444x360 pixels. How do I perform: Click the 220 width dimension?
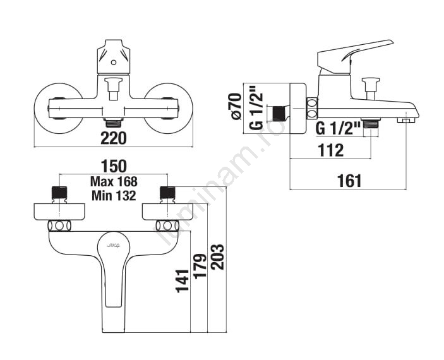pyautogui.click(x=113, y=138)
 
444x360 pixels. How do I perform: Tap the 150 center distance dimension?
pyautogui.click(x=114, y=167)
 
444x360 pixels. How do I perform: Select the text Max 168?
pyautogui.click(x=114, y=181)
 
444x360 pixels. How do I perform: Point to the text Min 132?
pyautogui.click(x=114, y=195)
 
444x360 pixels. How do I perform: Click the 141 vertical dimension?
pyautogui.click(x=182, y=281)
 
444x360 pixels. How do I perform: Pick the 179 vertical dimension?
pyautogui.click(x=200, y=266)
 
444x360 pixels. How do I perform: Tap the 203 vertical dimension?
pyautogui.click(x=217, y=257)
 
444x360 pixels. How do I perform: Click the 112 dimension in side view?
pyautogui.click(x=331, y=150)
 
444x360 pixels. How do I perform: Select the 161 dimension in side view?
pyautogui.click(x=350, y=181)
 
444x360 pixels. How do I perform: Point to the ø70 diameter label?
pyautogui.click(x=236, y=107)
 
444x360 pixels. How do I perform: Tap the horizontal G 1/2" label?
pyautogui.click(x=338, y=128)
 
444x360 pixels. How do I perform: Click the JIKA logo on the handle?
pyautogui.click(x=113, y=246)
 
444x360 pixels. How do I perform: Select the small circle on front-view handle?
pyautogui.click(x=114, y=63)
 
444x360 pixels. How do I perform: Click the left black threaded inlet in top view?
pyautogui.click(x=59, y=193)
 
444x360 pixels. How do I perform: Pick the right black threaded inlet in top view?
pyautogui.click(x=167, y=193)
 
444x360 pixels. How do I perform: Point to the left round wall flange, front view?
pyautogui.click(x=59, y=108)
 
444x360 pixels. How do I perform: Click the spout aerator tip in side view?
pyautogui.click(x=405, y=121)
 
